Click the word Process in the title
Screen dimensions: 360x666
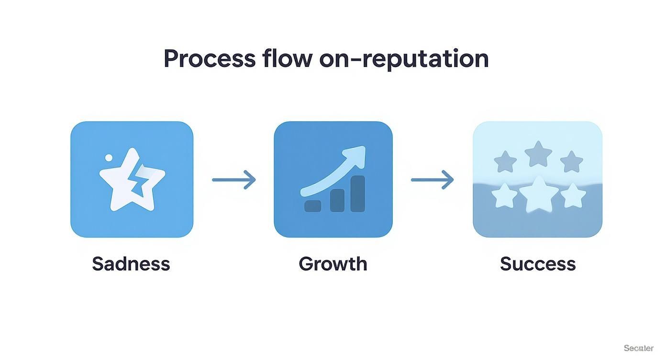[210, 59]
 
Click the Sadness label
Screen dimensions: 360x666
[131, 264]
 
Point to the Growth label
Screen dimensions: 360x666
[333, 264]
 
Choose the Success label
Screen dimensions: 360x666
[537, 264]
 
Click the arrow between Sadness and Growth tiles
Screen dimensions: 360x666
[233, 180]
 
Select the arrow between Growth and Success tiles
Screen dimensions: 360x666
[432, 180]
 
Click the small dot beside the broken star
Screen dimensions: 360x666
[109, 157]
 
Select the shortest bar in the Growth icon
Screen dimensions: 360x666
[313, 205]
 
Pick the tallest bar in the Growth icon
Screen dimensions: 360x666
[357, 193]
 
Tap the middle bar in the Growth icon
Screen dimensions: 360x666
[337, 200]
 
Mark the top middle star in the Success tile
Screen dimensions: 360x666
[538, 154]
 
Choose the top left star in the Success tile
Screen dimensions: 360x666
[505, 162]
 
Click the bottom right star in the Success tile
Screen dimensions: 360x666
[573, 196]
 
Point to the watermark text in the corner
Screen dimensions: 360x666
[638, 348]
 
